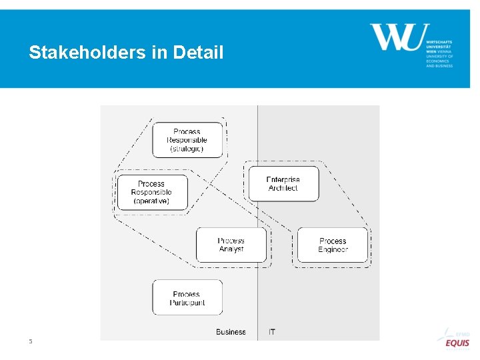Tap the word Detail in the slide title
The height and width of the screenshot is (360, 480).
point(198,53)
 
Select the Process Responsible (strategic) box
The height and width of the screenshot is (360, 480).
point(187,140)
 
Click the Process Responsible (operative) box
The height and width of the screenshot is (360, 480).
point(152,192)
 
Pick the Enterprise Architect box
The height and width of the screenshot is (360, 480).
point(283,184)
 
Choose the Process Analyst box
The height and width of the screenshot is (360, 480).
point(231,245)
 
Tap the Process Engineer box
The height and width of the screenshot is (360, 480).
point(333,245)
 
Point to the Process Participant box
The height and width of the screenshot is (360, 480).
point(187,298)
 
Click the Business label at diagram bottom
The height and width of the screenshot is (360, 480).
point(231,331)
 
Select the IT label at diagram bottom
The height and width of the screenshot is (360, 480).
point(272,331)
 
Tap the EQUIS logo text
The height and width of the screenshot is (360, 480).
point(457,343)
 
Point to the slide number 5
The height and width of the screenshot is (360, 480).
point(30,341)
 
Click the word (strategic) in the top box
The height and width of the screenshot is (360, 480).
point(187,149)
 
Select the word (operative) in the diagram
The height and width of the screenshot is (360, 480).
point(151,201)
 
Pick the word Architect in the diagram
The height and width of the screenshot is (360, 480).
point(283,189)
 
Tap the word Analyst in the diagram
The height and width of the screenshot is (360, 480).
point(231,249)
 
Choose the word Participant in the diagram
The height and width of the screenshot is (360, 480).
point(187,303)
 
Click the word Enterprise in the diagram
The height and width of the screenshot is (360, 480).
point(283,179)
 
